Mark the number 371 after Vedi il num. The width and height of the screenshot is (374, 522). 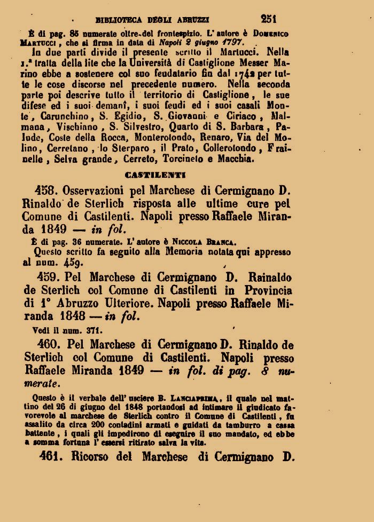click(95, 329)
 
